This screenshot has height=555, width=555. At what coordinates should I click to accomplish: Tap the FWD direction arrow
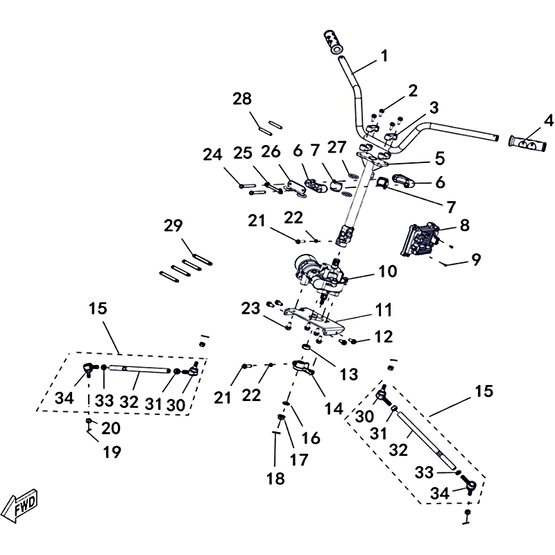pos(21,504)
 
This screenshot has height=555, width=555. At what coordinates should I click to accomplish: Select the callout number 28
pos(243,99)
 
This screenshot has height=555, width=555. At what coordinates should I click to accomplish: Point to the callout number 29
pos(173,225)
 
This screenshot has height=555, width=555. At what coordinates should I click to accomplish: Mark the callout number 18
pos(275,479)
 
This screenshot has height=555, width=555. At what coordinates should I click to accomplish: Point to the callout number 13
pos(349,374)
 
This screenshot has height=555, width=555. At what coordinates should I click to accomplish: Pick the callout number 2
pos(413,90)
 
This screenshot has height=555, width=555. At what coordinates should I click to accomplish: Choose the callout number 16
pos(311,438)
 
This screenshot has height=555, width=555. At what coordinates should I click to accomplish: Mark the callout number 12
pos(384,337)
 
